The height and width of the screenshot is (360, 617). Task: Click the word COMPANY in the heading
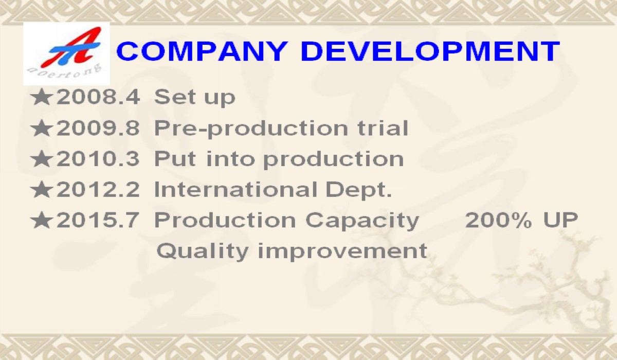click(202, 51)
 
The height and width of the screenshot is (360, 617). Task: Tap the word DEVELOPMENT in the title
click(430, 51)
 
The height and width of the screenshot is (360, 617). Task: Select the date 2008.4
click(98, 97)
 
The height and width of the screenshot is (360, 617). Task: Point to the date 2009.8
click(98, 128)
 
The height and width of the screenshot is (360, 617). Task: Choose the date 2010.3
click(98, 159)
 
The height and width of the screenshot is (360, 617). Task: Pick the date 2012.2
click(98, 189)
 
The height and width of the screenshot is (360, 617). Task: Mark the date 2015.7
click(98, 220)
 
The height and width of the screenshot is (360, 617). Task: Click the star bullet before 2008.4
click(41, 97)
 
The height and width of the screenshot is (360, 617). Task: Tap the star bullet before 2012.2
click(41, 189)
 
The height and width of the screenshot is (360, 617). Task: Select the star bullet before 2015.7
click(41, 220)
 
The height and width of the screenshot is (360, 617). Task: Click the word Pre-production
click(251, 130)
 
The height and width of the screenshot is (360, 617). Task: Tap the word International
click(236, 189)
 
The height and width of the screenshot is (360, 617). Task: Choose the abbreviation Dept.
click(359, 191)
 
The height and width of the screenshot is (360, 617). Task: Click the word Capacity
click(362, 222)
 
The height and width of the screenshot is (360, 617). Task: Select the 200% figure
click(499, 220)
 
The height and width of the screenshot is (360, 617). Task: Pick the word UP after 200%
click(561, 220)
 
